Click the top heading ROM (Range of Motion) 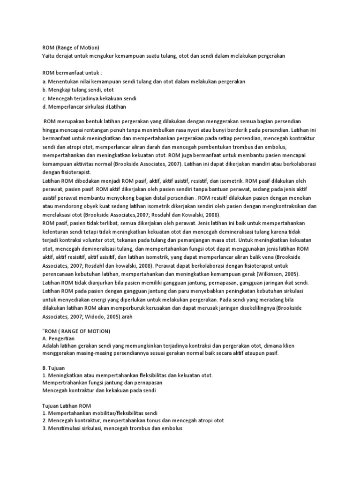[70, 47]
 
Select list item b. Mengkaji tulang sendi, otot [78, 90]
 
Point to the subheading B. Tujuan [53, 368]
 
